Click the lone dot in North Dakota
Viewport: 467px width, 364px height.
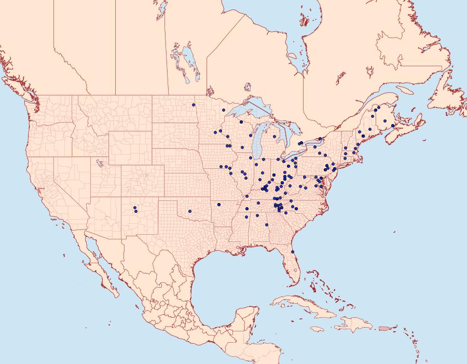click(194, 105)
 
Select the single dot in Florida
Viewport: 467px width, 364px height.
click(293, 252)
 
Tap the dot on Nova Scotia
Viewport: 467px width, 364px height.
click(393, 126)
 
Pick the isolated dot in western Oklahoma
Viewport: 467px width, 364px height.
click(190, 211)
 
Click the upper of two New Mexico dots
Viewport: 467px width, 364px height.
click(135, 208)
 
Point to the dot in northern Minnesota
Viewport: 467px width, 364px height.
click(223, 110)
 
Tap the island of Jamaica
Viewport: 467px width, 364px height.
click(317, 329)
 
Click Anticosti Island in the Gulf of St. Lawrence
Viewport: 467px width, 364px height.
click(407, 90)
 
